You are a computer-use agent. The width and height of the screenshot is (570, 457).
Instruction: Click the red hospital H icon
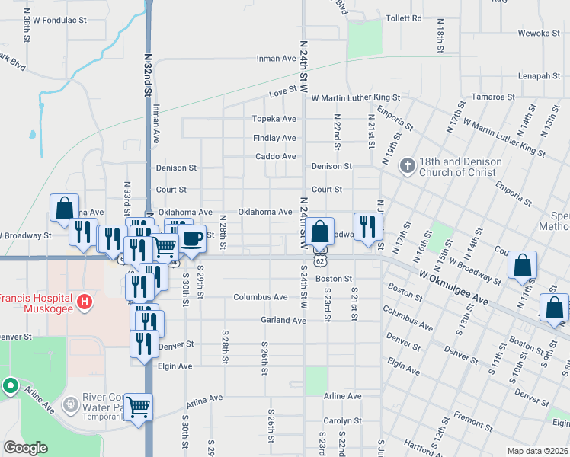(x=85, y=302)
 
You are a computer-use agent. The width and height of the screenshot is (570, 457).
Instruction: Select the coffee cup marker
(x=191, y=238)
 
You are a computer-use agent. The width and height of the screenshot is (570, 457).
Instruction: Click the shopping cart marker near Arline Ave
(x=139, y=407)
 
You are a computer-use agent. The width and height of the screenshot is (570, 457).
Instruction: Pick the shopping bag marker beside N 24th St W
(x=322, y=232)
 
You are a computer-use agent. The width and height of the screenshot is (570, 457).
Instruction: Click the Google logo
(x=25, y=448)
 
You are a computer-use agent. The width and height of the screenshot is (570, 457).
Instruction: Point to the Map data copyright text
(x=537, y=451)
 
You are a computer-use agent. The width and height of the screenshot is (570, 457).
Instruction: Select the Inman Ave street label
(x=276, y=59)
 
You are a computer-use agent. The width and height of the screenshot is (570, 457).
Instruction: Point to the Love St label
(x=283, y=93)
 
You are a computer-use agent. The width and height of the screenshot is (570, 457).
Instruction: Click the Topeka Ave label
(x=274, y=120)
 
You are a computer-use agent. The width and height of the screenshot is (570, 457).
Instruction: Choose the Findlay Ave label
(x=274, y=139)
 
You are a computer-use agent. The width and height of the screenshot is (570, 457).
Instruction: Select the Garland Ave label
(x=283, y=321)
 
